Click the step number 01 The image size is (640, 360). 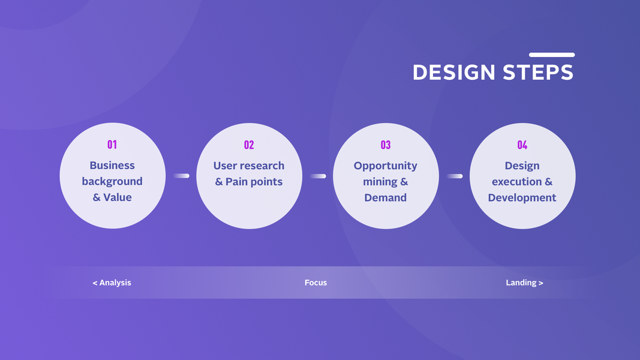pos(112,145)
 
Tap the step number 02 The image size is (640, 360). pos(249,145)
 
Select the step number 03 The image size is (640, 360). pos(386,145)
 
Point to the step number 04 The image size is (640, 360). pos(522,145)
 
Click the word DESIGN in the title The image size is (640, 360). pos(454,72)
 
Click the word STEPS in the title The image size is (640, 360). pos(539,72)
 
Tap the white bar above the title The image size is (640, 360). pos(552,55)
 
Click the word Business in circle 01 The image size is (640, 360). pos(112,166)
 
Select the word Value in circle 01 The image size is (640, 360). pos(118,197)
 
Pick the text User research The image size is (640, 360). pos(249,166)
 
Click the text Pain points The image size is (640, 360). pos(254,182)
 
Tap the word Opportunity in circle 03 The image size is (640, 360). pos(386,166)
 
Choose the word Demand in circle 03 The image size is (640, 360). pos(386,198)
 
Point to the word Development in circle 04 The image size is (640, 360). pos(522,198)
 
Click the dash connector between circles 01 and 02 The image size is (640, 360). pos(181,176)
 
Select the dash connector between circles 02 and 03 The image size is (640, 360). pos(318,176)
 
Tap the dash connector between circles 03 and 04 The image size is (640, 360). pos(455,176)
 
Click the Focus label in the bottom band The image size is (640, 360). pos(316,283)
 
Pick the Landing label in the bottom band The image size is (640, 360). pos(521,283)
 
